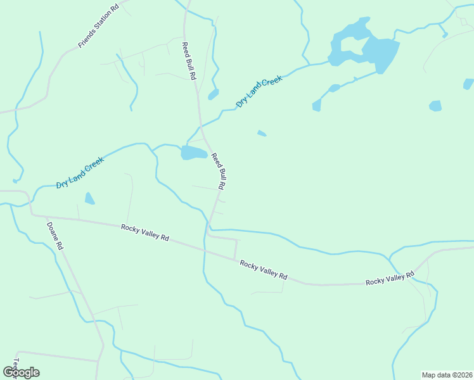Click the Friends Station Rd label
pyautogui.click(x=98, y=27)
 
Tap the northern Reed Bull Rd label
pyautogui.click(x=189, y=61)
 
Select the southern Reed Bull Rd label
pyautogui.click(x=219, y=171)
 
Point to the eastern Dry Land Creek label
pyautogui.click(x=259, y=91)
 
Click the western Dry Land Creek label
pyautogui.click(x=80, y=172)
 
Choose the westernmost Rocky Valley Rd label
pyautogui.click(x=145, y=232)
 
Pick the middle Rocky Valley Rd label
pyautogui.click(x=264, y=269)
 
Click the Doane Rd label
pyautogui.click(x=55, y=235)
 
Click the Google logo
pyautogui.click(x=21, y=372)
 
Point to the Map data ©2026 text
pyautogui.click(x=447, y=375)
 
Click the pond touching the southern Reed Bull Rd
pyautogui.click(x=194, y=153)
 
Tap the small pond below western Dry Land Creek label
pyautogui.click(x=89, y=198)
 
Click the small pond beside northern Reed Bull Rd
pyautogui.click(x=213, y=94)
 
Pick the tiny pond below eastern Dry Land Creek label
pyautogui.click(x=262, y=133)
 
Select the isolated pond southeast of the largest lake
pyautogui.click(x=435, y=106)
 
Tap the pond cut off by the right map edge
pyautogui.click(x=468, y=84)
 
